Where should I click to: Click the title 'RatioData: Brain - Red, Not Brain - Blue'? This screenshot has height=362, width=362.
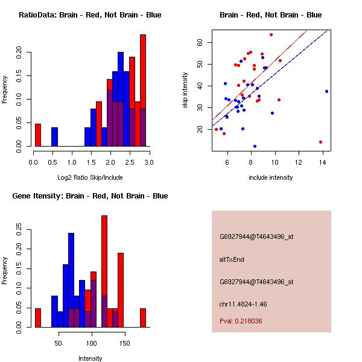click(90, 15)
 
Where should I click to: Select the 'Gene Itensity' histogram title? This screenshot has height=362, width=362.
click(90, 196)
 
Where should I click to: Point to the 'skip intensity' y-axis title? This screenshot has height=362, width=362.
click(185, 91)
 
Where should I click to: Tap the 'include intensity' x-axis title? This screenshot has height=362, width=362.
click(271, 177)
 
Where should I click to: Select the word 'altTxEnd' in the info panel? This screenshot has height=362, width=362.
click(231, 259)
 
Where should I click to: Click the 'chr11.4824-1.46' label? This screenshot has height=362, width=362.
click(243, 304)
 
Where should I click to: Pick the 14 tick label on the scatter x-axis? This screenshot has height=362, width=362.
click(323, 162)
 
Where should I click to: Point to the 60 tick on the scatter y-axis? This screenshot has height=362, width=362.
click(200, 42)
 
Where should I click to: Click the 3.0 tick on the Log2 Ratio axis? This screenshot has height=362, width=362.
click(148, 162)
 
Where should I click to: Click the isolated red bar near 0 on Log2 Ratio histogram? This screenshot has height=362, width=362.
click(37, 135)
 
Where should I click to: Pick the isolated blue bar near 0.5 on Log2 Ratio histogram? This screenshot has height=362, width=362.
click(54, 137)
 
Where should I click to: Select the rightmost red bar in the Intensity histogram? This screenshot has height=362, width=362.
click(143, 317)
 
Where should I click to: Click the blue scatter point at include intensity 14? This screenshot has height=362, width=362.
click(326, 91)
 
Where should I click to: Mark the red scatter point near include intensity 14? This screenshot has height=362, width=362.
click(320, 142)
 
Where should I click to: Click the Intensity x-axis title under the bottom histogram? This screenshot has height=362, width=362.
click(91, 358)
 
